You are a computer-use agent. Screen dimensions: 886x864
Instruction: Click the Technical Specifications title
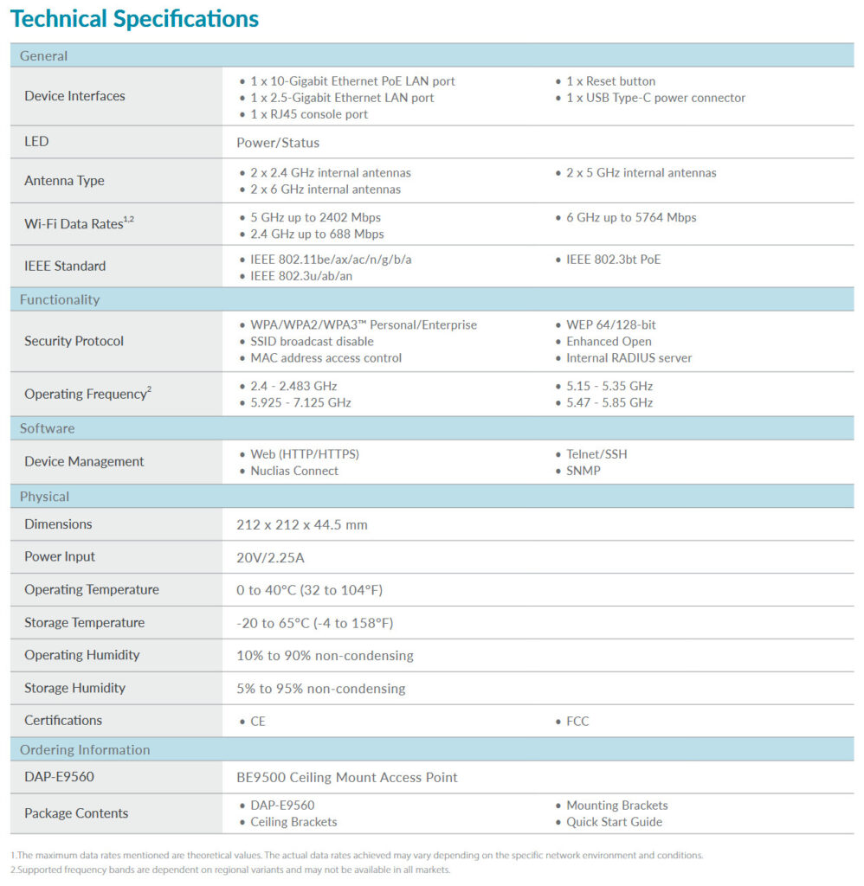[x=135, y=19]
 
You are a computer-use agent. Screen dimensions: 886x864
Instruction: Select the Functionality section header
[x=60, y=299]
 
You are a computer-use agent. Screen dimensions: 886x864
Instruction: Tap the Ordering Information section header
[x=85, y=749]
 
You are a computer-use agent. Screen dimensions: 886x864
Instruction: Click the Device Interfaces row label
[x=74, y=96]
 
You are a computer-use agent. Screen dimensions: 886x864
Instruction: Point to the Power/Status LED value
[x=278, y=143]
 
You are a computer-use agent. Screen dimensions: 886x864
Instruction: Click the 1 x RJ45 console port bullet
[x=308, y=114]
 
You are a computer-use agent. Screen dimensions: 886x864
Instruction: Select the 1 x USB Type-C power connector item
[x=655, y=98]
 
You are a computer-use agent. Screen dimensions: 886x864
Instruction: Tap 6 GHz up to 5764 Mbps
[x=631, y=217]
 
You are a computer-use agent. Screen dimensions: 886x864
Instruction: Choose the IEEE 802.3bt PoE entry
[x=613, y=259]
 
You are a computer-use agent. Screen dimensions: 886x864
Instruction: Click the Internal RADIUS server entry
[x=629, y=357]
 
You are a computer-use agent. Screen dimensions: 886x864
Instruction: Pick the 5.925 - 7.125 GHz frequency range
[x=300, y=402]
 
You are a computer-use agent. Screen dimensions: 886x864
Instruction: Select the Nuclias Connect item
[x=294, y=471]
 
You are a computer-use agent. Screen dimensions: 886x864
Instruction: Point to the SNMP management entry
[x=584, y=471]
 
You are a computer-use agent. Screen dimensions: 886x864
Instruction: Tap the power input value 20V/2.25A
[x=270, y=557]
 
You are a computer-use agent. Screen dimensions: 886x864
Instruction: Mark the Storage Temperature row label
[x=84, y=623]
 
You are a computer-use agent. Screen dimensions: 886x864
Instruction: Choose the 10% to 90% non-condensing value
[x=325, y=655]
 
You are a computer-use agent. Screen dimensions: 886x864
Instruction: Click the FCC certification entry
[x=577, y=721]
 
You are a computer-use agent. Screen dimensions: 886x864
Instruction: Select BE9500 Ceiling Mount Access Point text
[x=347, y=777]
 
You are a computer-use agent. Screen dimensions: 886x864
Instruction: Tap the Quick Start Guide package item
[x=614, y=822]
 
